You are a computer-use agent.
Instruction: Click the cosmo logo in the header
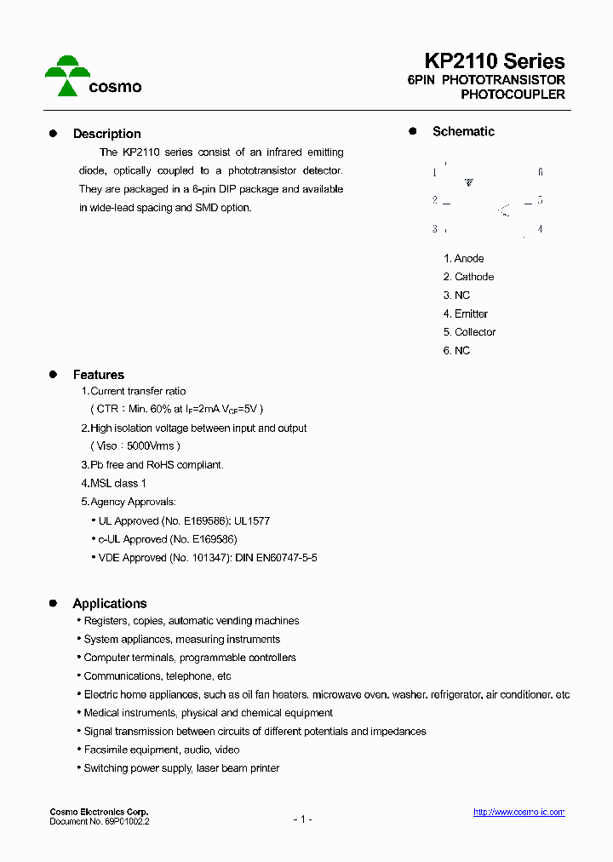(x=93, y=77)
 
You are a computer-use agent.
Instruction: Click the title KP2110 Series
(x=495, y=61)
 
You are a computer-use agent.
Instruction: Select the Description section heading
(x=106, y=134)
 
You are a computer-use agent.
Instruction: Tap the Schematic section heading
(x=463, y=131)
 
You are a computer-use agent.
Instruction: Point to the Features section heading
(x=98, y=375)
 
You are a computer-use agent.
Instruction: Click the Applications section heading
(x=109, y=603)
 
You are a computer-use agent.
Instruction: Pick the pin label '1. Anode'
(x=463, y=258)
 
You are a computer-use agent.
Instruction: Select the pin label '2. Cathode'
(x=468, y=277)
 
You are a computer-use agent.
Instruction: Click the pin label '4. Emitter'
(x=465, y=313)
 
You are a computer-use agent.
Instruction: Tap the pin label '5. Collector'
(x=469, y=332)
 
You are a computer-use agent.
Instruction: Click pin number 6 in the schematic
(x=540, y=172)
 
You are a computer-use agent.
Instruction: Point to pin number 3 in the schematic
(x=434, y=228)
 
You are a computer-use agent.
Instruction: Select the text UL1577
(x=252, y=520)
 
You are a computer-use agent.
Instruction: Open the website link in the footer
(x=518, y=813)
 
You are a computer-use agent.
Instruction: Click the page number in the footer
(x=303, y=819)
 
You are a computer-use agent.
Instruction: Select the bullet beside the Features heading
(x=53, y=375)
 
